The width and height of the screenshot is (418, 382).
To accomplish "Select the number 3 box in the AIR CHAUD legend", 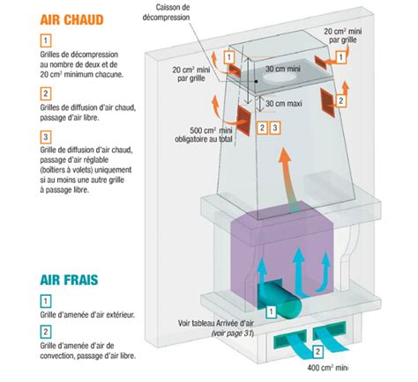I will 45,137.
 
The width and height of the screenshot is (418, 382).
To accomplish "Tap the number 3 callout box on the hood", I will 275,129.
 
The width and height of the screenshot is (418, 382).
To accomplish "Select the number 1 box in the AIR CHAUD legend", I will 45,40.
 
